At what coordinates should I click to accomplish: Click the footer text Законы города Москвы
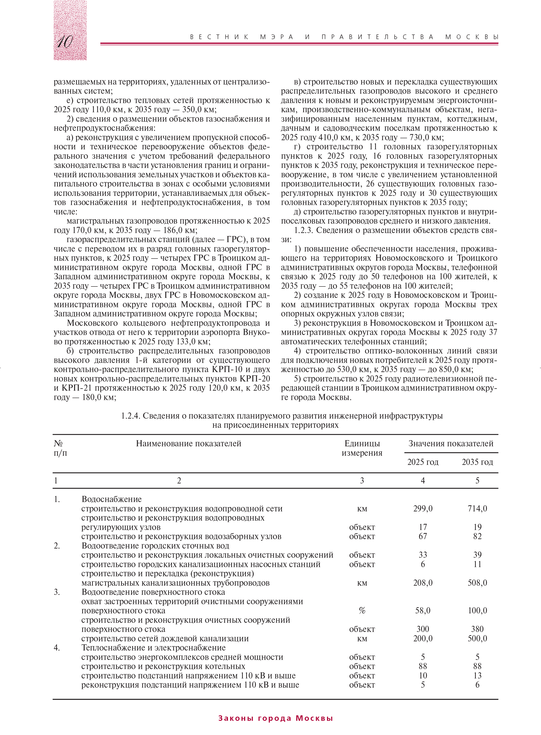276,718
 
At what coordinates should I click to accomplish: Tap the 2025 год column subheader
423,462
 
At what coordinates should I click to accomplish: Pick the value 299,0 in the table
423,509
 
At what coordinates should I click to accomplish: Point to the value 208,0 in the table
423,583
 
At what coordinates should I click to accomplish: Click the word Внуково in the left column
256,332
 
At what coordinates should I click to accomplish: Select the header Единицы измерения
362,448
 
